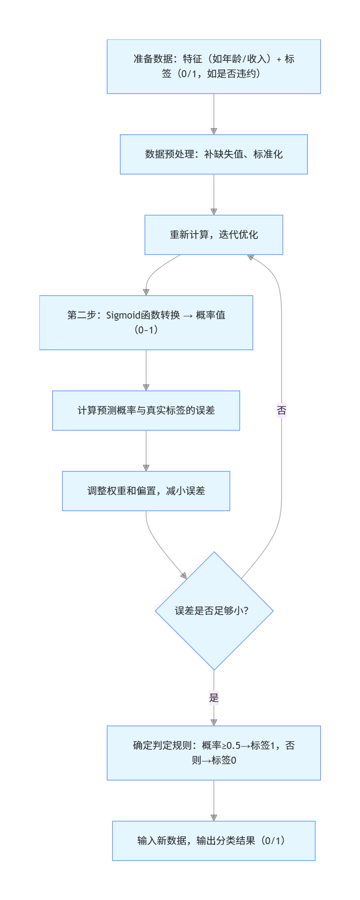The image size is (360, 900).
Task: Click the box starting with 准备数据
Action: coord(213,67)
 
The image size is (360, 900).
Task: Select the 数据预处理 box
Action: coord(213,154)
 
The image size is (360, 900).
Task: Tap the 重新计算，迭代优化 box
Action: coord(213,235)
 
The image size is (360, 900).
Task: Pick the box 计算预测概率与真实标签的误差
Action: coord(146,411)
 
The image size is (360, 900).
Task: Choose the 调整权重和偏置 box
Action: coord(146,491)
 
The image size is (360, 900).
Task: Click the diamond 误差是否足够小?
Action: coord(214,611)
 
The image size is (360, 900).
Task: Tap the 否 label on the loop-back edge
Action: coord(282,411)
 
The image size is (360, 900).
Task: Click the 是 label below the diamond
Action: coord(214,698)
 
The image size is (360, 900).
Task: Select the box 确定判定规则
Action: coord(213,753)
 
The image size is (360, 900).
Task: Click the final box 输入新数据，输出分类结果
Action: coord(213,841)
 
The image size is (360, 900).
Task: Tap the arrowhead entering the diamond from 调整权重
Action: coord(183,576)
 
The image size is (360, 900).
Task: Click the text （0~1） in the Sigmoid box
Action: coord(146,330)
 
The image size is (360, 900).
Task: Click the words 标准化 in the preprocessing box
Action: coord(268,154)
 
